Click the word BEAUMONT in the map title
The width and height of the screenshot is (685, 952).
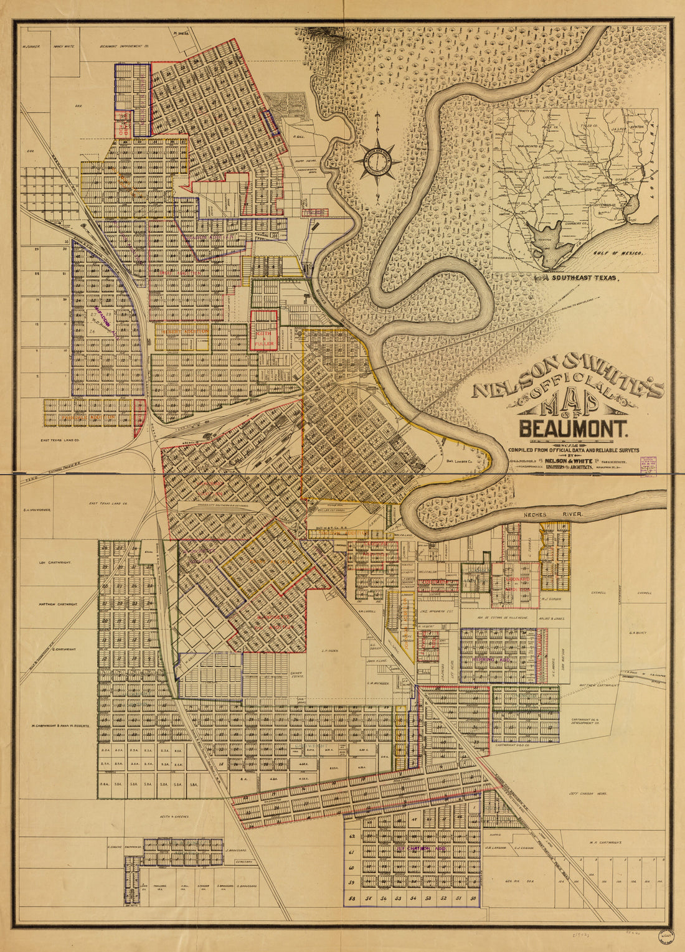574,430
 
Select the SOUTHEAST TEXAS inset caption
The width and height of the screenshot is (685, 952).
582,279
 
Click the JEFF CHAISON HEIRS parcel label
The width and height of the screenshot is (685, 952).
588,794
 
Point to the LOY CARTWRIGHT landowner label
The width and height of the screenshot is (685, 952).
55,562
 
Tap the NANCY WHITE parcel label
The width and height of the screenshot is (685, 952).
64,46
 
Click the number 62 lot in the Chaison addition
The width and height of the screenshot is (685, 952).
351,837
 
